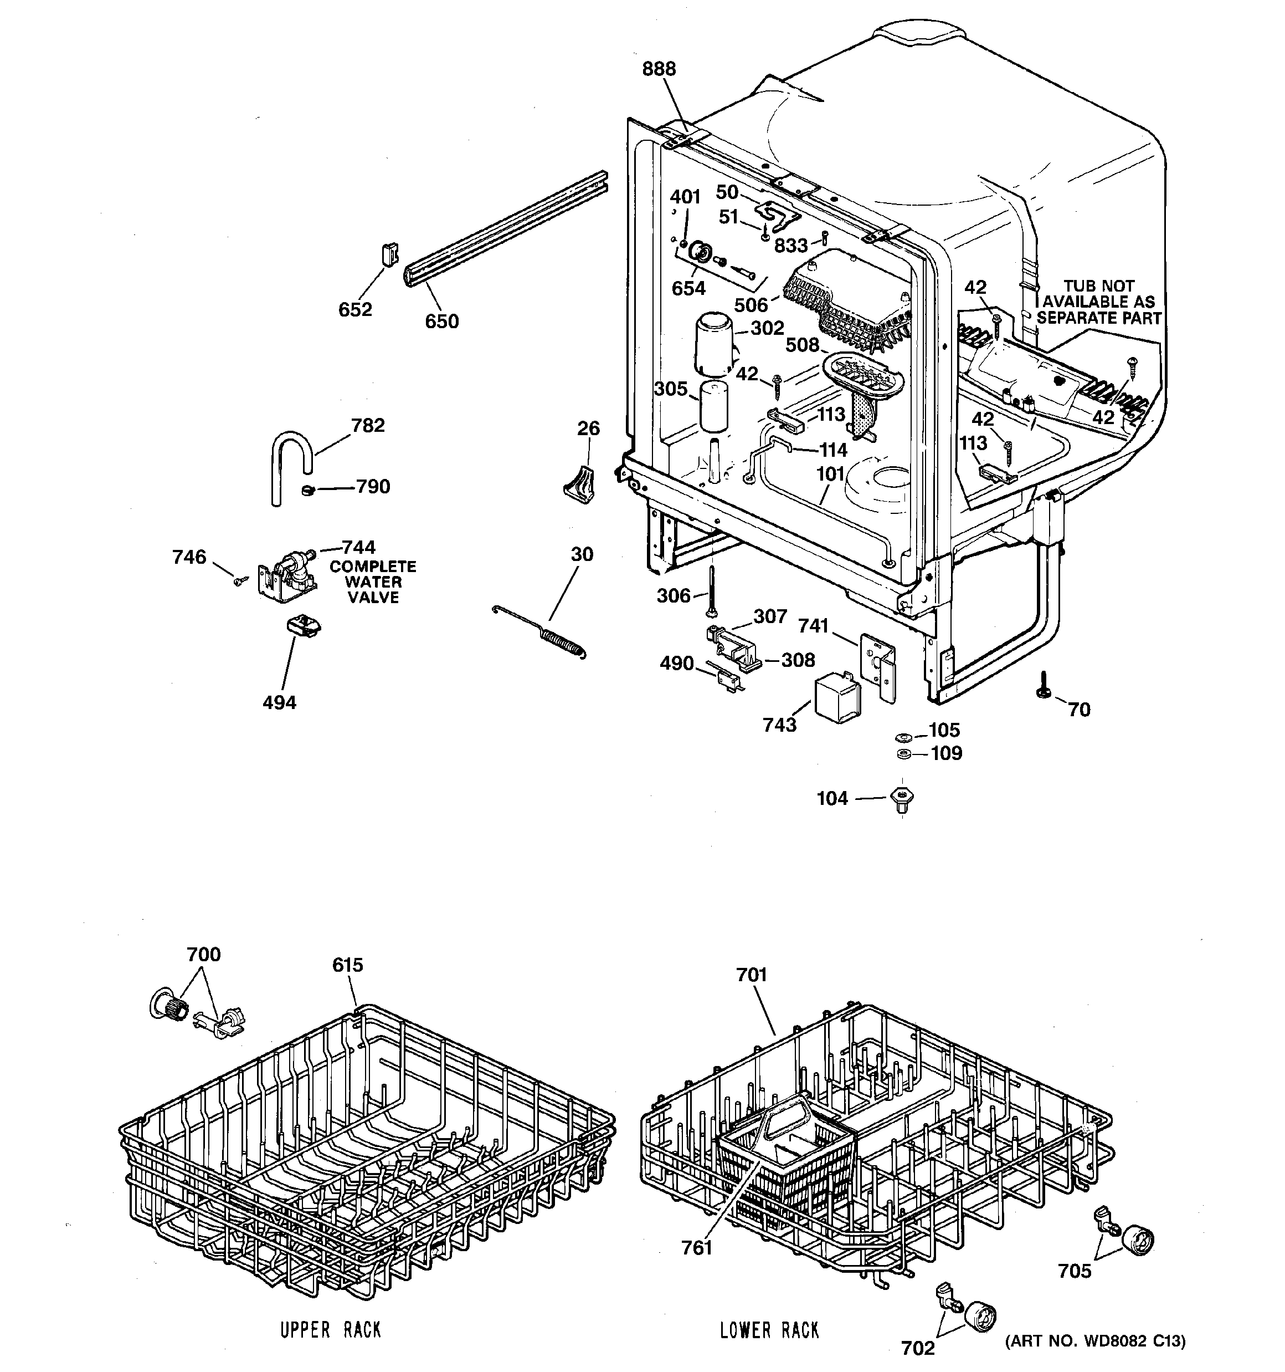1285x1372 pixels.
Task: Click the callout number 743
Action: (x=779, y=725)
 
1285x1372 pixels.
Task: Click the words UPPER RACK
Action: (x=331, y=1330)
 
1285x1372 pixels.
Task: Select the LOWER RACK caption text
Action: (x=769, y=1330)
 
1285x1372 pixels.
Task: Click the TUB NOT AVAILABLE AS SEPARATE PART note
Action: (x=1098, y=302)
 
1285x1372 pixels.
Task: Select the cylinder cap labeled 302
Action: (x=714, y=345)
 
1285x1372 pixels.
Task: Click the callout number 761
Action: (x=697, y=1248)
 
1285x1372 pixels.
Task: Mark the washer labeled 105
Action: (x=902, y=737)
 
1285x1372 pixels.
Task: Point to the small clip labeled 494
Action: (x=302, y=626)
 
